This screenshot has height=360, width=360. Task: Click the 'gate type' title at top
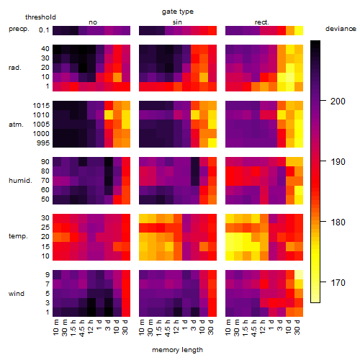coord(178,12)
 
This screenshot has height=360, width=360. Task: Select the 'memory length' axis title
coord(177,350)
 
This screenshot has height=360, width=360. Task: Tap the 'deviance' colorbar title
coord(341,29)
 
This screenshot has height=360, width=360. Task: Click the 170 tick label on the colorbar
coord(338,283)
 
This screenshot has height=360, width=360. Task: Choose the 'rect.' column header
coord(261,22)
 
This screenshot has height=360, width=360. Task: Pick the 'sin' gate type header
coord(177,22)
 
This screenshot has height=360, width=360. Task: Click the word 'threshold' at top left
coord(40,17)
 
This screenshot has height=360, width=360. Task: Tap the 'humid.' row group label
coord(20,181)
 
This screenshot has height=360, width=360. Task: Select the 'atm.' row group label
coord(16,125)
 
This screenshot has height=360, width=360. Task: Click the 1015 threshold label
coord(41,106)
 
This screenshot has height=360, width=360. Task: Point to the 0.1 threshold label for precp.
coord(44,30)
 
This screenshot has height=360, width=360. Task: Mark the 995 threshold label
coord(43,143)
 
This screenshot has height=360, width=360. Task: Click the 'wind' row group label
coord(17,294)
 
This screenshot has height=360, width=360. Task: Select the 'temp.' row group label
coord(18,236)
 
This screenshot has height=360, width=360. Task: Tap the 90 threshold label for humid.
coord(45,162)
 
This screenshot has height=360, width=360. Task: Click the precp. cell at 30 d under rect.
coord(299,30)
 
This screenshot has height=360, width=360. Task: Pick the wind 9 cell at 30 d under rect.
coord(299,274)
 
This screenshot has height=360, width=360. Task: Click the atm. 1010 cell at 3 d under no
coord(109,115)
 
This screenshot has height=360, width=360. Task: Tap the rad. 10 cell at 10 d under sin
coord(204,77)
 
